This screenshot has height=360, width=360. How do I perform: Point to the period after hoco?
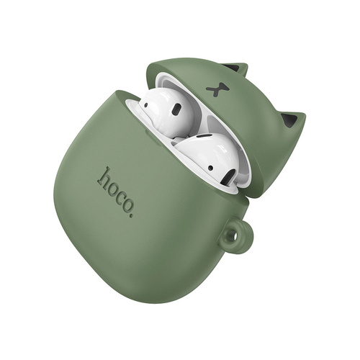point(130,216)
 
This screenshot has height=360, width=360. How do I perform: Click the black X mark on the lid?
point(217,89)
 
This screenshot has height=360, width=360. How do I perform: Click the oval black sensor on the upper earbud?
point(177,109)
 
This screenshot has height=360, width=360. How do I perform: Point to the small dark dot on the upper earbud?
point(145,105)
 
